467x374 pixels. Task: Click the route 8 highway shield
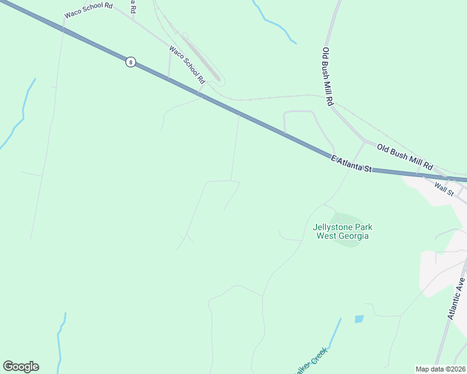pos(130,62)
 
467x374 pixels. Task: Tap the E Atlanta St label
pos(351,165)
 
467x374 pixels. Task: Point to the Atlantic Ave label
pos(456,299)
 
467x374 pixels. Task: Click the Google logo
pos(21,367)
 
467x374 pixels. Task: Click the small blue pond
pos(359,319)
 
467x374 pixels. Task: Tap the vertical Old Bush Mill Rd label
pos(328,76)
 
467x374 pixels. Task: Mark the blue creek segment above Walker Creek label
pos(334,333)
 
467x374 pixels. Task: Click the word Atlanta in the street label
pos(353,165)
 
